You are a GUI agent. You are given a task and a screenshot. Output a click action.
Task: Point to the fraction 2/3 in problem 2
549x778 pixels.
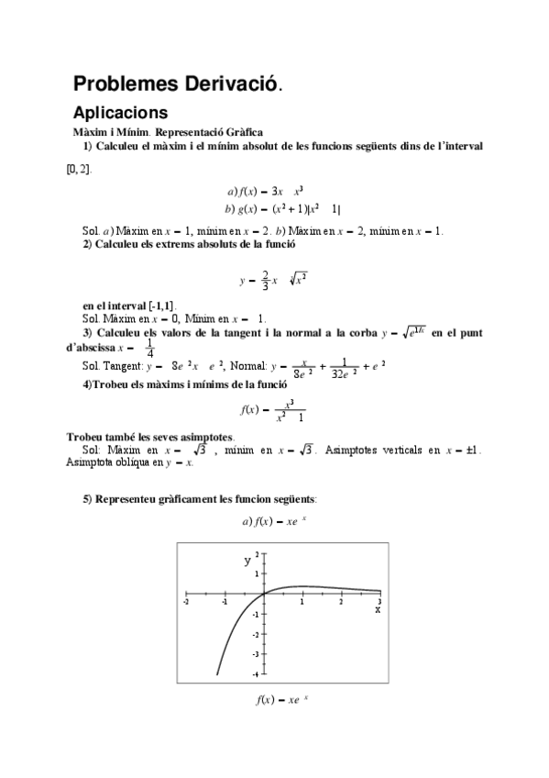click(264, 280)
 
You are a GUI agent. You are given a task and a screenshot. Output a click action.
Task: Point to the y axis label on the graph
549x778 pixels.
click(247, 559)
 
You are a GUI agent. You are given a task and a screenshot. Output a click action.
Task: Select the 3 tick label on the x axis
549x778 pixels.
click(379, 601)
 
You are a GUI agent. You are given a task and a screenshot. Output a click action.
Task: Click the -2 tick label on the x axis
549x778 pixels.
click(186, 601)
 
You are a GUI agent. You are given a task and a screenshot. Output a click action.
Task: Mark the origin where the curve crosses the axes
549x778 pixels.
click(263, 594)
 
